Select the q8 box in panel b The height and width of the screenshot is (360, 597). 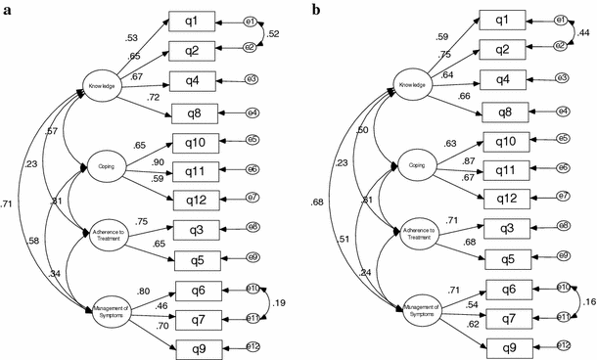509,112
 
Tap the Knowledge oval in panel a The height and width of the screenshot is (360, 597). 103,84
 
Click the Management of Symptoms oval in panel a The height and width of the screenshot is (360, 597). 110,315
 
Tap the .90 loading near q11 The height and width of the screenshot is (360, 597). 156,161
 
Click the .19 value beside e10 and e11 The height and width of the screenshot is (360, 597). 281,305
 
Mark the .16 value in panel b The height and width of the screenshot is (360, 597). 588,305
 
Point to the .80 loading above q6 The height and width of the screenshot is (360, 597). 144,290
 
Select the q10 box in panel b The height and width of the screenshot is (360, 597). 507,142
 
